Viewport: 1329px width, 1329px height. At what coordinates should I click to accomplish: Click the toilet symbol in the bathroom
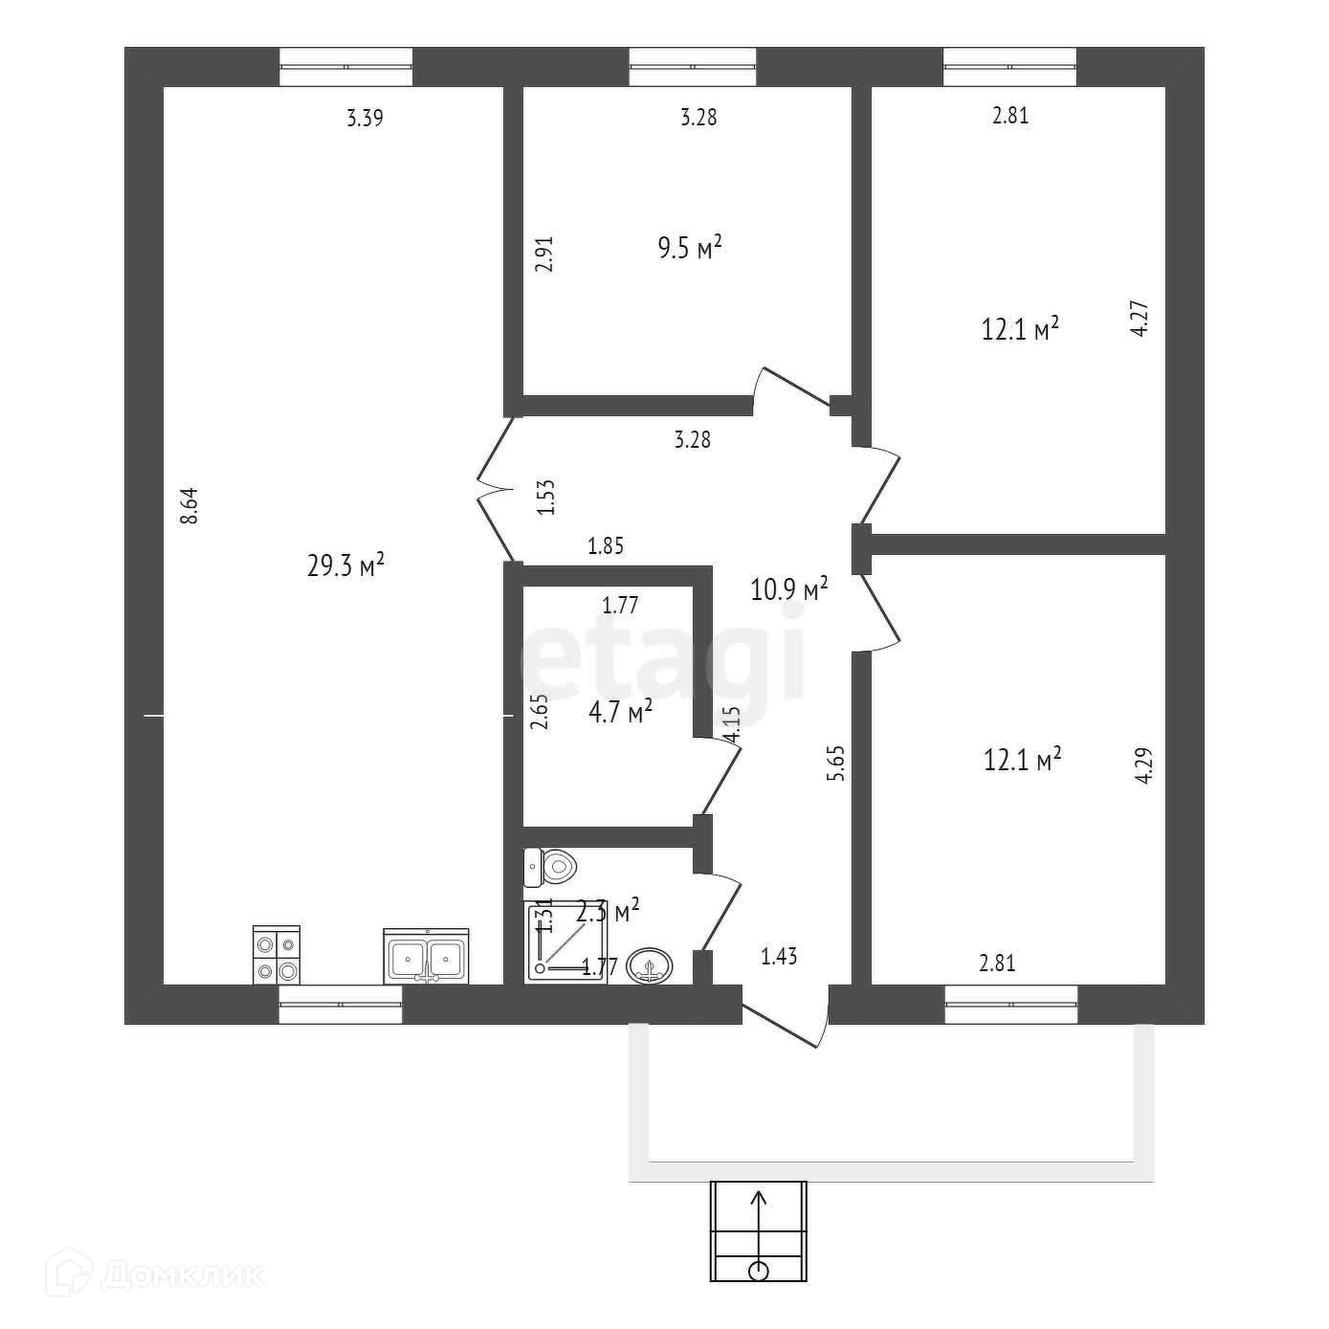552,868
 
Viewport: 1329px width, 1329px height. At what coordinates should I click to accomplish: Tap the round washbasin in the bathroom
651,966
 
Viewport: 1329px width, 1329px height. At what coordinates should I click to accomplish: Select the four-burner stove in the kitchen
277,955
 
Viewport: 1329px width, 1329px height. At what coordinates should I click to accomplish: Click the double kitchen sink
426,956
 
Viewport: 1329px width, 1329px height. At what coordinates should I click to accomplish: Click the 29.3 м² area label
345,565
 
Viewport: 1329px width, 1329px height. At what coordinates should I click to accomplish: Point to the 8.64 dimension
189,505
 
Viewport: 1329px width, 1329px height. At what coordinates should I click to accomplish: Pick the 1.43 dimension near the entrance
779,955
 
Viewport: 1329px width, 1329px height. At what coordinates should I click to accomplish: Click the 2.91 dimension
544,255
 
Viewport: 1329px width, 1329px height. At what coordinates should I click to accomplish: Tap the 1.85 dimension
606,547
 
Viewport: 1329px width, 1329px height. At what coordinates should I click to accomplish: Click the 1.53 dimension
545,498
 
